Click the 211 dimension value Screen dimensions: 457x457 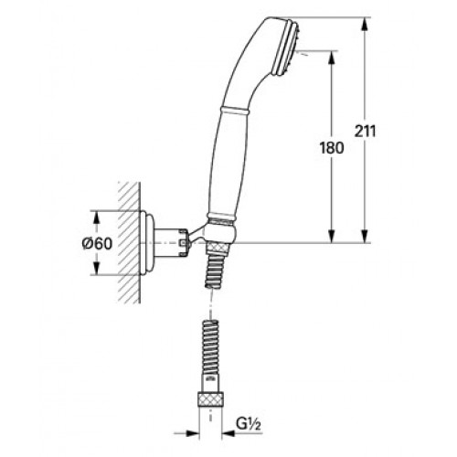click(x=366, y=132)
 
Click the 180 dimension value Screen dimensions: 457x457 click(x=332, y=148)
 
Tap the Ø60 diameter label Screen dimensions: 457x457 click(x=98, y=244)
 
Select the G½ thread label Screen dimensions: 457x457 click(x=249, y=425)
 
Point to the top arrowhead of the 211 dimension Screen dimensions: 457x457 click(x=365, y=25)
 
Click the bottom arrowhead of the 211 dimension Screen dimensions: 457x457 click(x=365, y=236)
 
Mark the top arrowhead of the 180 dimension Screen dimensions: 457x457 click(x=331, y=58)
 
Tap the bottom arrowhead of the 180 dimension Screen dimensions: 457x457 click(x=331, y=236)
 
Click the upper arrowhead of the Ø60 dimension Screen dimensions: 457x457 click(x=96, y=218)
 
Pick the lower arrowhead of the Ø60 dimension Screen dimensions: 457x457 click(x=96, y=268)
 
